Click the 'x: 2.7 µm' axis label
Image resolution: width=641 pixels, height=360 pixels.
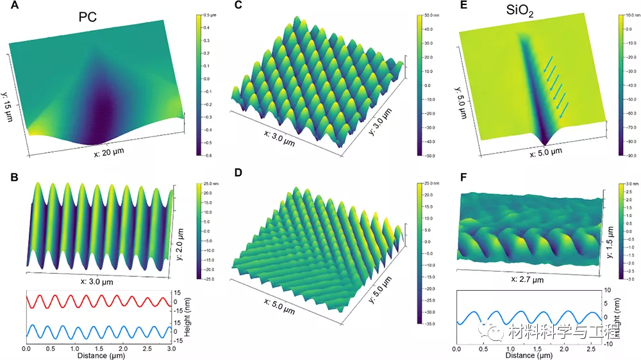click(x=527, y=280)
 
